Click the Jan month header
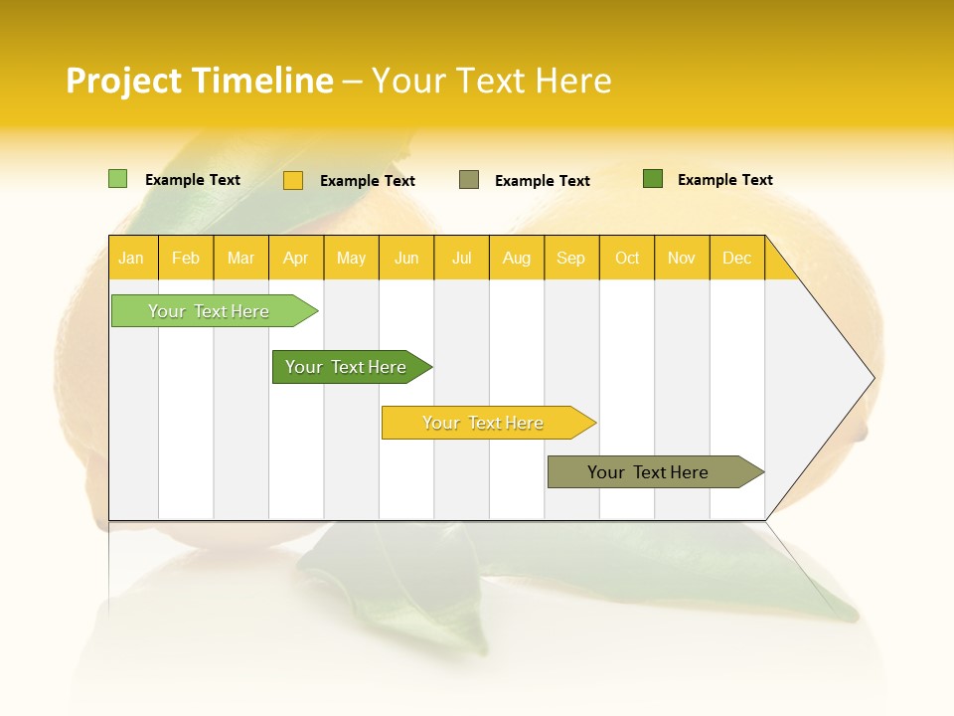(131, 258)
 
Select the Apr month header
(295, 258)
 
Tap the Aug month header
(516, 258)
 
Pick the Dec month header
(736, 258)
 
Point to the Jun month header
(406, 258)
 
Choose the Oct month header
(627, 258)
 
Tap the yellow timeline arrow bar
(484, 423)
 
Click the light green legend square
(117, 179)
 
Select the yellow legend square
(292, 180)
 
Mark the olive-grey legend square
(469, 180)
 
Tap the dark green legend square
(652, 179)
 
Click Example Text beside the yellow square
(367, 181)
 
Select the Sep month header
(570, 258)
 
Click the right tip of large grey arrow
(871, 378)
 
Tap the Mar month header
(240, 258)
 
